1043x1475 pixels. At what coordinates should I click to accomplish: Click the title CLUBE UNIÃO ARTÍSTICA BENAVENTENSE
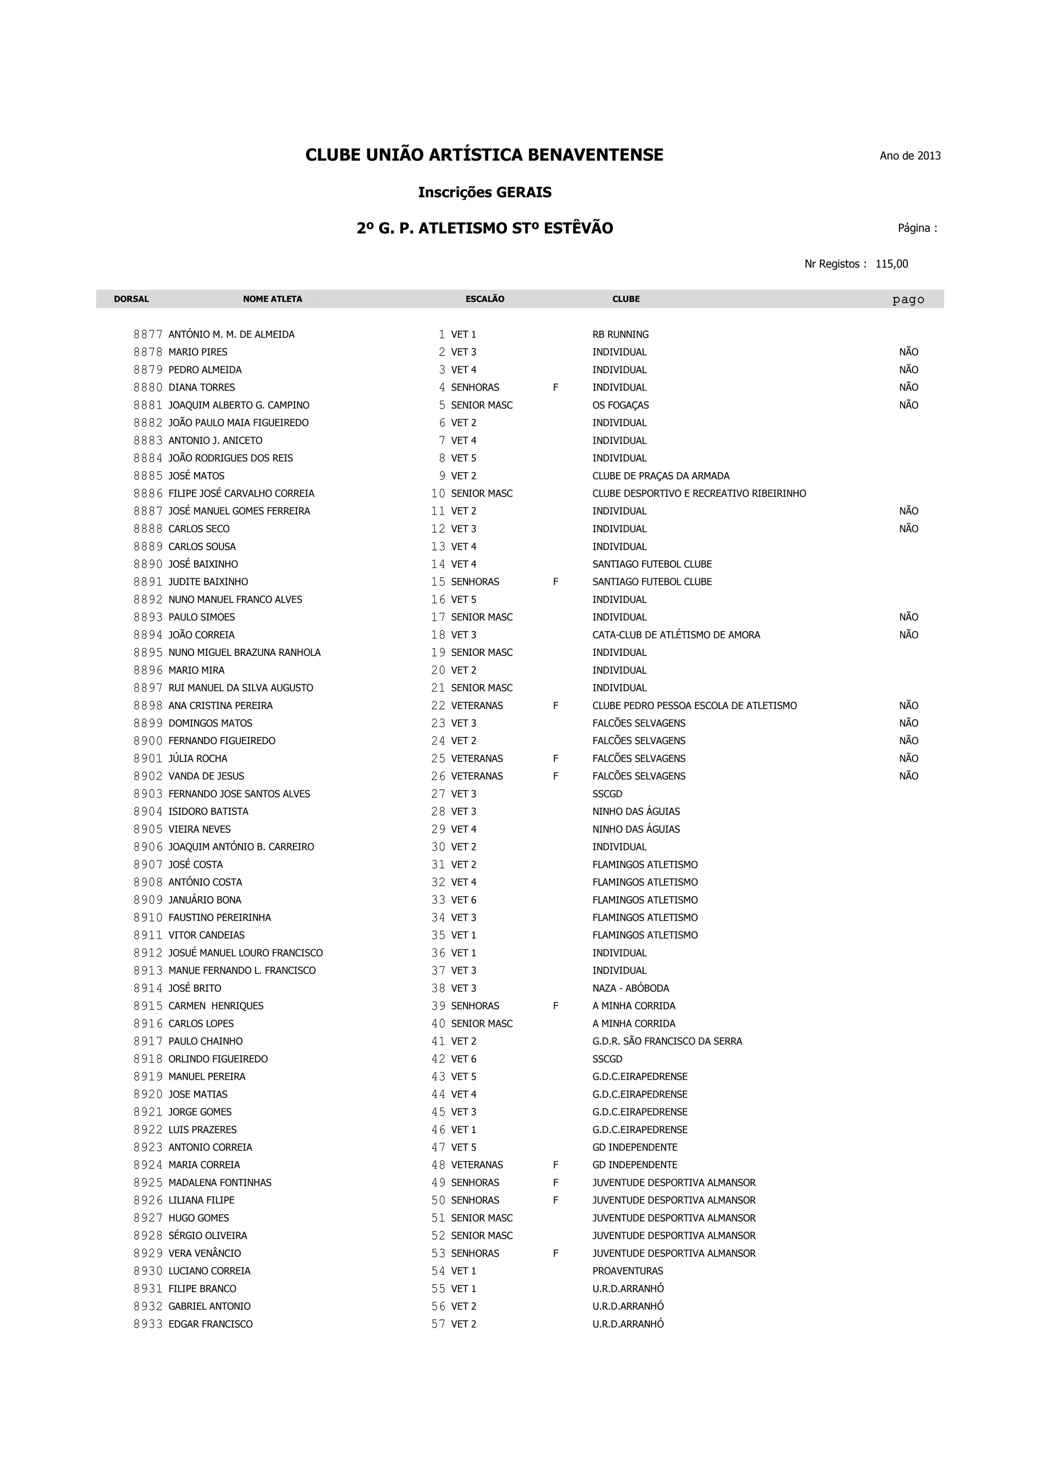tap(484, 155)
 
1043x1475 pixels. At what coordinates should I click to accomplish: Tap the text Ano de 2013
tap(910, 155)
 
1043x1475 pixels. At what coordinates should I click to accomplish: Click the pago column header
tap(908, 299)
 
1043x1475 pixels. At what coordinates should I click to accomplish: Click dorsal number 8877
tap(148, 335)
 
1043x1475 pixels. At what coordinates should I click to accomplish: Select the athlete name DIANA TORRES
tap(202, 388)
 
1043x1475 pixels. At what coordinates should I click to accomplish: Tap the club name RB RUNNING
tap(620, 335)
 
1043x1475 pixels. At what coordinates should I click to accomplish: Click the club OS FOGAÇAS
tap(620, 405)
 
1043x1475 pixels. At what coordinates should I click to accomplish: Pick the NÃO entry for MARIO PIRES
tap(908, 352)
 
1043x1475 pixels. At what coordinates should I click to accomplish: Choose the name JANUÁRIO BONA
tap(205, 900)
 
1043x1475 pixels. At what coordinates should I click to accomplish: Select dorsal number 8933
tap(148, 1324)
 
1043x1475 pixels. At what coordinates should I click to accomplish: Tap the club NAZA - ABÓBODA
tap(630, 988)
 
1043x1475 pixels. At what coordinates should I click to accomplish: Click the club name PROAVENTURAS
tap(627, 1271)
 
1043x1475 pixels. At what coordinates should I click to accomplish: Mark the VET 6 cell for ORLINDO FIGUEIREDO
tap(464, 1059)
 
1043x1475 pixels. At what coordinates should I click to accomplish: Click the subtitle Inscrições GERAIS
tap(484, 192)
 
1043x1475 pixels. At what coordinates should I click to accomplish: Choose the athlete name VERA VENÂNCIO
tap(205, 1253)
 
